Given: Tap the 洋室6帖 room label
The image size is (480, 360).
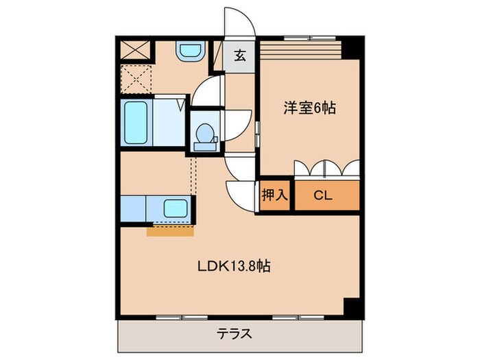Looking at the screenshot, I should tap(310, 108).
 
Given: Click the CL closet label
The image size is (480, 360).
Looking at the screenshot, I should tap(323, 195).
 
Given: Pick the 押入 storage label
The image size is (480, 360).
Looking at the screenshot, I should tap(275, 195).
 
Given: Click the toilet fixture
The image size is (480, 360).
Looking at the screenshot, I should tap(204, 134).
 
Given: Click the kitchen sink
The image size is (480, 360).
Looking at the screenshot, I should tap(176, 208).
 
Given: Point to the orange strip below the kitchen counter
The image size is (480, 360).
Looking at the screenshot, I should tap(170, 231).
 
